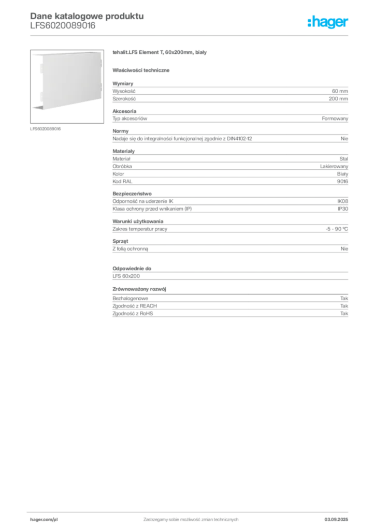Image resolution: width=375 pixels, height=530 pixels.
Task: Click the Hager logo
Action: pos(328,22)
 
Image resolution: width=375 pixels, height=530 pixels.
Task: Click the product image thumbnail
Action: pos(67,86)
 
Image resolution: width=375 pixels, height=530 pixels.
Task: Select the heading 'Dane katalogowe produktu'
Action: pos(87,16)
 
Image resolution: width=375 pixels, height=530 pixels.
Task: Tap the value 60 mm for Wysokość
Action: pos(340,91)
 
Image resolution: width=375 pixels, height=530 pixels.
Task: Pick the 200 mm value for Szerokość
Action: pos(338,99)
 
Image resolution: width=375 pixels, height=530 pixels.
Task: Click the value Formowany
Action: pos(335,119)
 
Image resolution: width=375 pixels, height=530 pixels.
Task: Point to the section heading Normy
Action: pos(120,131)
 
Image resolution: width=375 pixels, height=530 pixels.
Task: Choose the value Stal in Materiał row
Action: pos(343,158)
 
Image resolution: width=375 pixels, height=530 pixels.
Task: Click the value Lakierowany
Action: pos(334,166)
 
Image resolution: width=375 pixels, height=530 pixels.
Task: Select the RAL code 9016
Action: pos(342,182)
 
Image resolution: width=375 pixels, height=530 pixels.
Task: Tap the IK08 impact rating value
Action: pos(342,201)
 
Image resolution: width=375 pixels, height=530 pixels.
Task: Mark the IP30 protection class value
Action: pos(343,209)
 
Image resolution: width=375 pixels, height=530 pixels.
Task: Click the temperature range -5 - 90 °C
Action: pos(337,229)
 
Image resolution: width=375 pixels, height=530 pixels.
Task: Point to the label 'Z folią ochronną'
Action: pos(130,249)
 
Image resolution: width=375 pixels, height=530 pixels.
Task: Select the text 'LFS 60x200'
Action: pos(126,276)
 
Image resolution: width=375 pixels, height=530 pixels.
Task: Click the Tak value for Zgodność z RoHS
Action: pos(344,314)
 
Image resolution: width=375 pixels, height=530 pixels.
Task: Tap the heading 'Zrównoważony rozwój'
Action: pos(139,289)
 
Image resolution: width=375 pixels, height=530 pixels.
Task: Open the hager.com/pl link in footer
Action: pos(44,520)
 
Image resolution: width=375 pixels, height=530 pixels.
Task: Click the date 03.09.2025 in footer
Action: pos(336,520)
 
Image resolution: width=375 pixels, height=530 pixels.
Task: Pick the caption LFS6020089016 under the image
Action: pos(45,129)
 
